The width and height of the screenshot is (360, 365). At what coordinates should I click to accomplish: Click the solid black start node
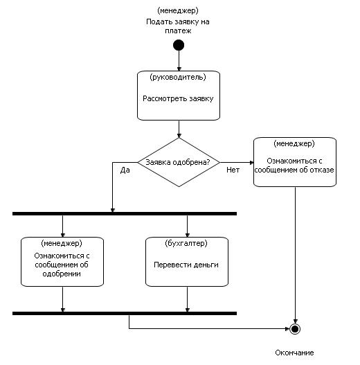point(179,45)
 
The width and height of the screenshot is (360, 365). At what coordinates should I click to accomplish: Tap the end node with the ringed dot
point(295,329)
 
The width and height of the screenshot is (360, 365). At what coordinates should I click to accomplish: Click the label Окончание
point(294,353)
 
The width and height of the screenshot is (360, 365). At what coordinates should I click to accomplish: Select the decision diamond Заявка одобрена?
point(179,162)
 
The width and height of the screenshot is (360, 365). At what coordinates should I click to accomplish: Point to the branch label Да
point(125,170)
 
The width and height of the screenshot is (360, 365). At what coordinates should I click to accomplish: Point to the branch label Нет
point(233,170)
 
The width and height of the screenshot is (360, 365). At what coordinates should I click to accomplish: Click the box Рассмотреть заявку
point(179,96)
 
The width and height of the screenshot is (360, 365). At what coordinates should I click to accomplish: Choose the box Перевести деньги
point(187,262)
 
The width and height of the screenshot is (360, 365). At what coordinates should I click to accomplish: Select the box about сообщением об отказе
point(295,162)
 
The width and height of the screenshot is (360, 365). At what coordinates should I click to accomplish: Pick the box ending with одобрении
point(62,262)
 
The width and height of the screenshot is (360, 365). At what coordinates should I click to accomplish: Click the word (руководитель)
point(178,77)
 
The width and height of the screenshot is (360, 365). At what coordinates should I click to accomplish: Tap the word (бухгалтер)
point(186,243)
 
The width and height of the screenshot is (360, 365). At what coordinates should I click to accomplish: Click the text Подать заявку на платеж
point(178,26)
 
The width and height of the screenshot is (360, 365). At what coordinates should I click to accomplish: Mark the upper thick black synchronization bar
point(125,214)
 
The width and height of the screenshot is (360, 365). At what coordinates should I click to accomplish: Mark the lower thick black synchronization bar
point(125,313)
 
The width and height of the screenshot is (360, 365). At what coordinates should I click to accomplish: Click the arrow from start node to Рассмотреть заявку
point(179,61)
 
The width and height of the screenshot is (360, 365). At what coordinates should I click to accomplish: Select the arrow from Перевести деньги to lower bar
point(188,299)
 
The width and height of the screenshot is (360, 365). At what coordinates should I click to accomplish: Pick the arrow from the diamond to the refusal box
point(237,162)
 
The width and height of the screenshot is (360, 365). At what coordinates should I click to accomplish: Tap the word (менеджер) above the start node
point(178,10)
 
